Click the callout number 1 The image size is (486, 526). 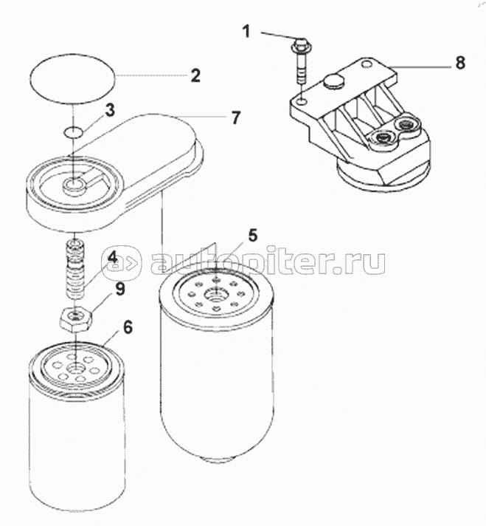click(x=246, y=32)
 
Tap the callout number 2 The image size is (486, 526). click(x=195, y=75)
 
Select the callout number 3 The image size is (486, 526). click(x=110, y=110)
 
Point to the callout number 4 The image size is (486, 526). click(x=112, y=258)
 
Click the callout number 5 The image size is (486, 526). click(x=253, y=235)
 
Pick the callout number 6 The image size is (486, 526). click(x=128, y=327)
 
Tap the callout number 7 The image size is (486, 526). click(x=236, y=117)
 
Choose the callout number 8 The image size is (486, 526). click(x=460, y=62)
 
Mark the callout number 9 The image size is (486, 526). click(x=120, y=289)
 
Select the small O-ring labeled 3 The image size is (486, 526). click(x=73, y=131)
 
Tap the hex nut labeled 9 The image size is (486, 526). click(x=76, y=318)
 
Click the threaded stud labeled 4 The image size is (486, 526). click(x=77, y=268)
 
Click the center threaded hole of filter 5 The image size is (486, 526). click(x=215, y=296)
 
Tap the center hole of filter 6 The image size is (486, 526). click(x=76, y=368)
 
